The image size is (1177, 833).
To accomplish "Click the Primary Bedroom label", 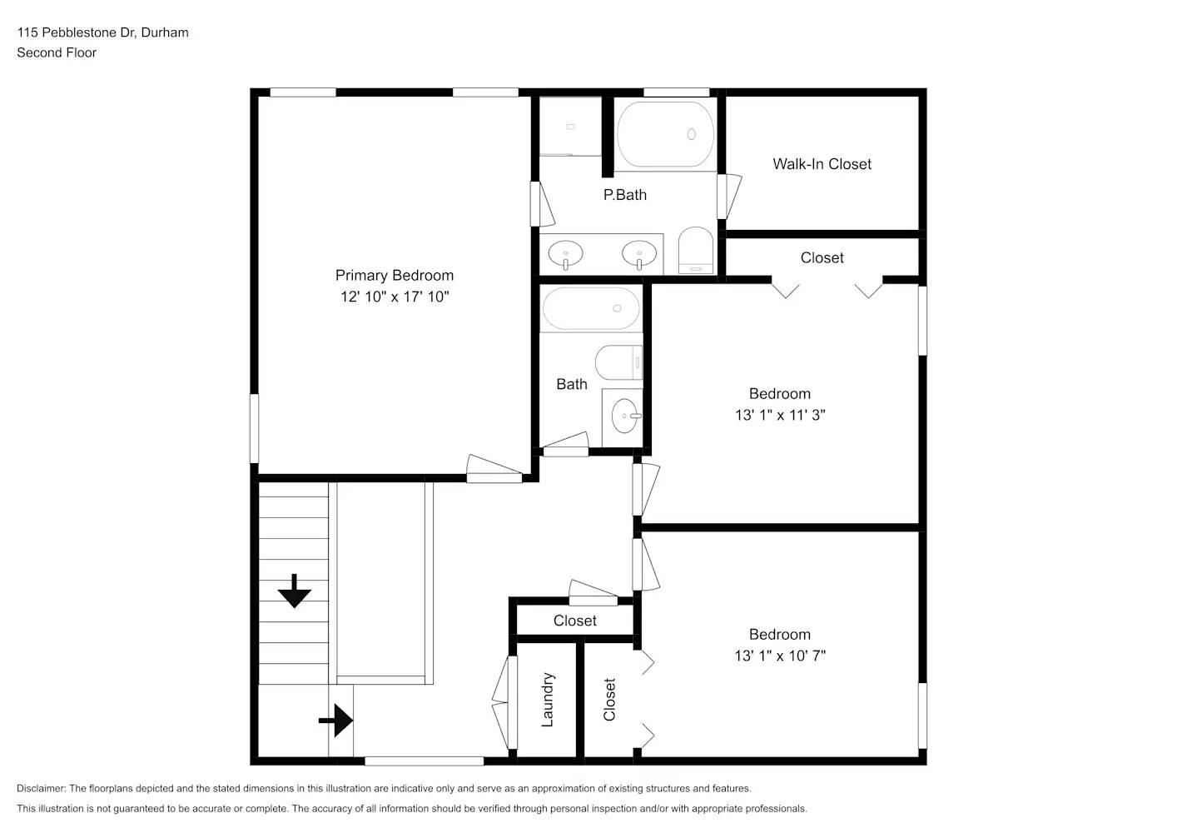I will point(394,276).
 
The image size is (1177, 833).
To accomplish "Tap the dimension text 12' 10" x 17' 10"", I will point(394,297).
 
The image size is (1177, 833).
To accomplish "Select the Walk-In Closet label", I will point(822,164).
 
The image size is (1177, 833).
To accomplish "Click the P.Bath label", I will point(624,195).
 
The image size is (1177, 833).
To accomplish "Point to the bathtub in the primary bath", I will point(665,134).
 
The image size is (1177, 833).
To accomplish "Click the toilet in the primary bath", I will point(696,251).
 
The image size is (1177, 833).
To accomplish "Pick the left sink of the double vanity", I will point(566,253).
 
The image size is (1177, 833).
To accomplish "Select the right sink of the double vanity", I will point(639,253).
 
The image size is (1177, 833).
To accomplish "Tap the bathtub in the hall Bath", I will point(591,309).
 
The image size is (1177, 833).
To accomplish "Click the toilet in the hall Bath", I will point(618,363).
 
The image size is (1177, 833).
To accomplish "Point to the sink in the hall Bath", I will point(625,414).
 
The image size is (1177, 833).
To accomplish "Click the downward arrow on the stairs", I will point(294,591).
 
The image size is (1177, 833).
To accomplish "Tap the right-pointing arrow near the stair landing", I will point(336,720).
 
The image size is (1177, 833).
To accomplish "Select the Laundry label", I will point(547,700).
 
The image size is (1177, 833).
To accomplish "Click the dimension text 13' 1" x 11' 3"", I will point(779,415).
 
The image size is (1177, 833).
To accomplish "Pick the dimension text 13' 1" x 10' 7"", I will point(779,656).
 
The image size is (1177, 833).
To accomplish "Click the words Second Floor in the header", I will point(57,52).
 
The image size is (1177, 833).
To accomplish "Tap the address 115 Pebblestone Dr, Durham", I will point(102,32).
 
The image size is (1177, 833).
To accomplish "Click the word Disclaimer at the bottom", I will point(41,788).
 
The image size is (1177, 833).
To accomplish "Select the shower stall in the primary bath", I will point(570,127).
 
